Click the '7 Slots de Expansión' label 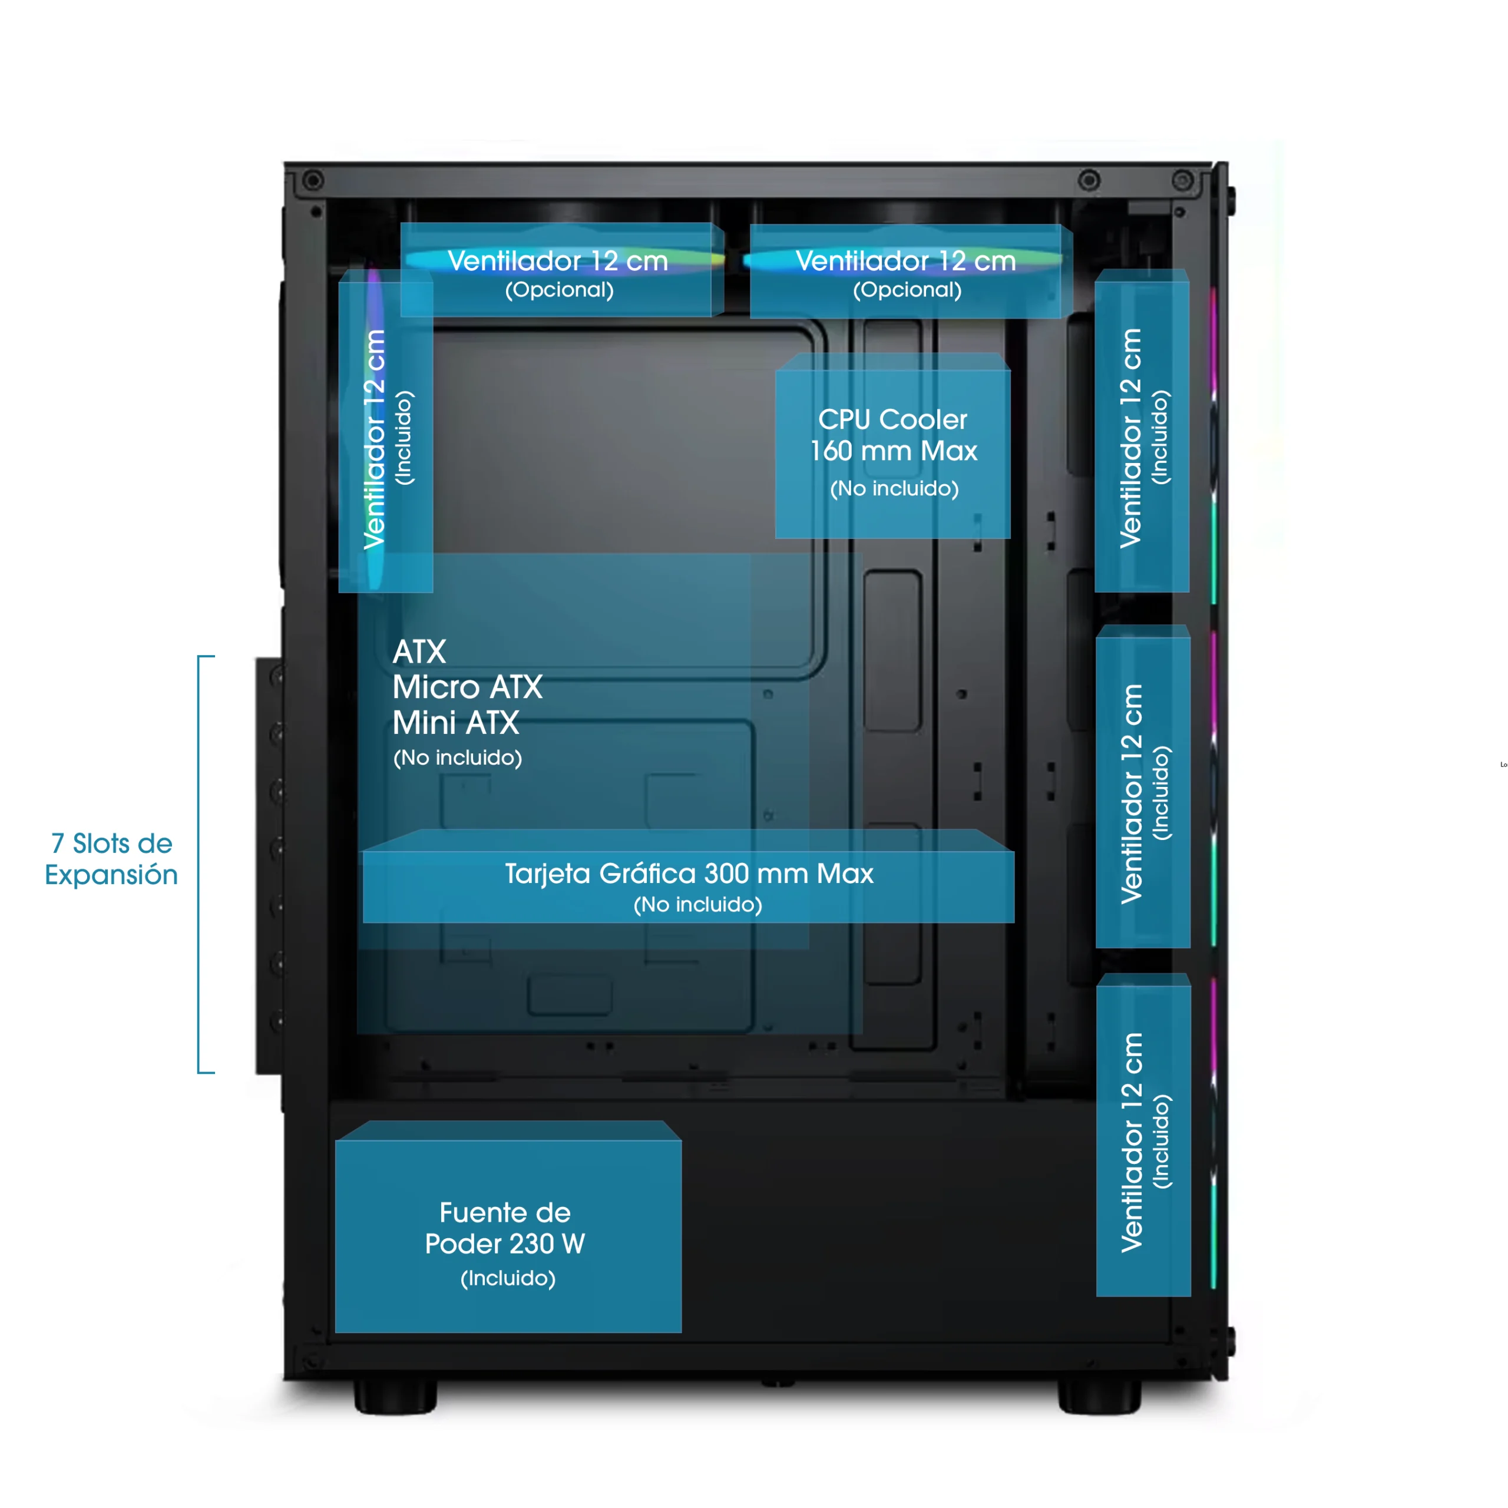(111, 859)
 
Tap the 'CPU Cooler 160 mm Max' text (893, 435)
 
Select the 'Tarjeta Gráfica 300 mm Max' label (689, 874)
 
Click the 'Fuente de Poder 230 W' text (505, 1228)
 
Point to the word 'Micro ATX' (467, 687)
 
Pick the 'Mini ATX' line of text (456, 723)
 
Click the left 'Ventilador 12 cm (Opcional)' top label (558, 262)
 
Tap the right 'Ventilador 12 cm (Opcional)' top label (905, 262)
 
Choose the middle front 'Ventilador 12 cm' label (1132, 794)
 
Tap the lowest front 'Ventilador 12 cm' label (1132, 1142)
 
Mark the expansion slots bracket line (200, 864)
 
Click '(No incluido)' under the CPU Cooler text (894, 488)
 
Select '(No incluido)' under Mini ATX (457, 758)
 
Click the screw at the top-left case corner (313, 181)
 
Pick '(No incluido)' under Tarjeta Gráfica (697, 905)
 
